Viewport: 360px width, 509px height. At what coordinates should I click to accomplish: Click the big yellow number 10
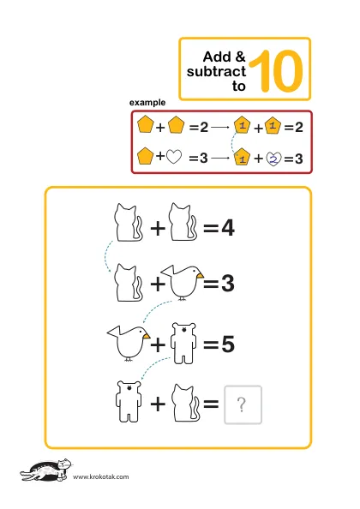pos(277,71)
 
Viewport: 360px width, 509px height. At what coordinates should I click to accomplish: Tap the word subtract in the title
pos(216,71)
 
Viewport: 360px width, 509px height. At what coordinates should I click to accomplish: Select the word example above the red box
pos(147,103)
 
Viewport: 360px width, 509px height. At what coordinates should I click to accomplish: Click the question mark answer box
pos(243,404)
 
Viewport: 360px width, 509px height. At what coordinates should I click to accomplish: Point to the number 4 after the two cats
pos(228,228)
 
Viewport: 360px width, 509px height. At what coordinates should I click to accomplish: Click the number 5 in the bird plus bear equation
pos(228,344)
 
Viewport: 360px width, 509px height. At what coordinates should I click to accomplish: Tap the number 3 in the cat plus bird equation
pos(228,284)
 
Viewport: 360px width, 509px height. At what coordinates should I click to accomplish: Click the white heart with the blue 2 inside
pos(274,159)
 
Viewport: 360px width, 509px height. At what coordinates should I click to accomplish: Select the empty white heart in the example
pos(174,157)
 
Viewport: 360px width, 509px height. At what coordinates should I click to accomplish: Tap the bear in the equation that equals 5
pos(183,343)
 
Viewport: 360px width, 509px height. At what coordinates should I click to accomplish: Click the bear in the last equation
pos(129,402)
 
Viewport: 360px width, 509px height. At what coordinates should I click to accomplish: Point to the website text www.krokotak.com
pos(100,476)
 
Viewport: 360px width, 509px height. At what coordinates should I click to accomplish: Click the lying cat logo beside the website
pos(45,470)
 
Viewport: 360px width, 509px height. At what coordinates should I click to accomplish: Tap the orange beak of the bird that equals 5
pos(147,336)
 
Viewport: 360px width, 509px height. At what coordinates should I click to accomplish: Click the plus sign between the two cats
pos(158,228)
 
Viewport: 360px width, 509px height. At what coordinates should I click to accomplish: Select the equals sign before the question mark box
pos(211,404)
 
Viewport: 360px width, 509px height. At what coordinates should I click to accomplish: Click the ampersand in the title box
pos(240,57)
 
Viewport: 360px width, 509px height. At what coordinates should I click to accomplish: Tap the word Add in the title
pos(217,57)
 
